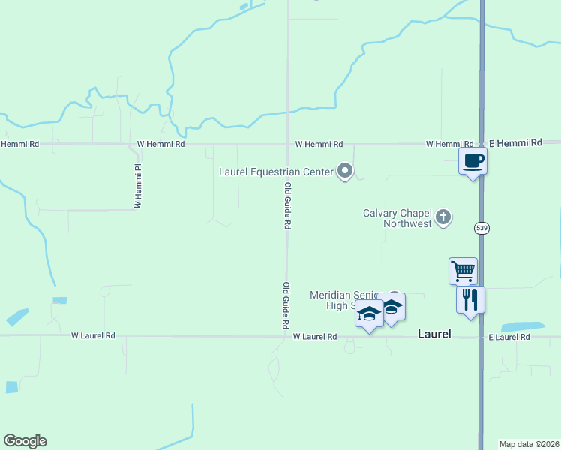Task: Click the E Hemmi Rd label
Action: pos(515,142)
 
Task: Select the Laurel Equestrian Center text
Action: pos(275,172)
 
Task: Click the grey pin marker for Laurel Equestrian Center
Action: pos(345,172)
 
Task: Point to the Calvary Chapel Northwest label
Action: pos(397,218)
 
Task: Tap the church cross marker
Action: pos(443,218)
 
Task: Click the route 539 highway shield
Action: pos(481,227)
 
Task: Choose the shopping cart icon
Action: pos(463,270)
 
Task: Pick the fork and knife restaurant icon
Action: pos(470,299)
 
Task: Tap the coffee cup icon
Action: pos(472,160)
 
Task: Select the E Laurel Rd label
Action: pos(509,337)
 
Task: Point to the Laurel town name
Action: pos(434,334)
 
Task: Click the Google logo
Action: pos(25,441)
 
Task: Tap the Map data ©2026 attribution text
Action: pos(529,444)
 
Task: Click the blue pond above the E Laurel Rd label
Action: pos(522,327)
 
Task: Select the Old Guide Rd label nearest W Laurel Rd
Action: pos(286,306)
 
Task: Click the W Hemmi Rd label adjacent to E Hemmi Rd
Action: pos(449,144)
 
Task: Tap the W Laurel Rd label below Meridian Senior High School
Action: pos(314,337)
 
